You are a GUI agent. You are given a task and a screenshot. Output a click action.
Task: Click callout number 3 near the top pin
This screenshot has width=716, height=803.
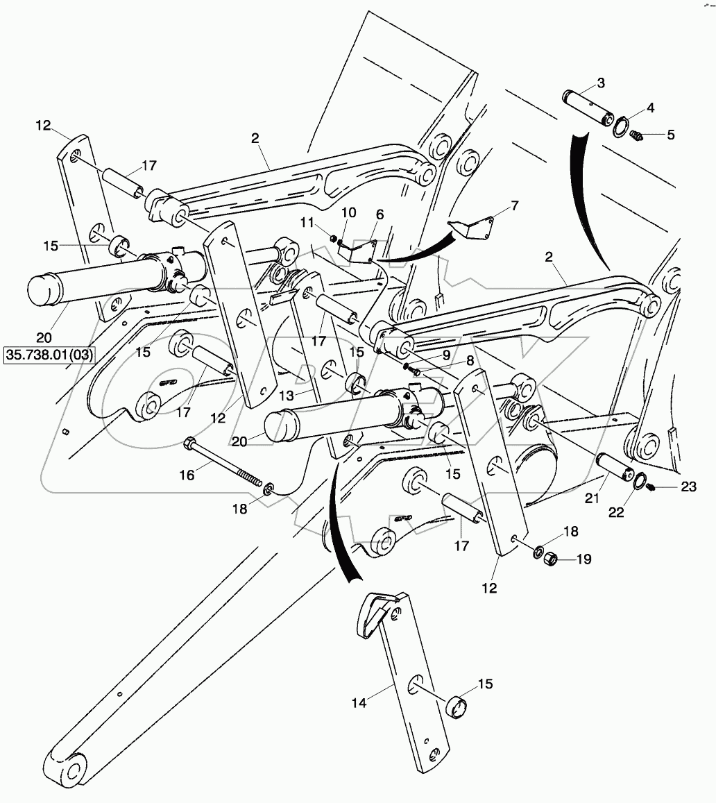click(x=601, y=83)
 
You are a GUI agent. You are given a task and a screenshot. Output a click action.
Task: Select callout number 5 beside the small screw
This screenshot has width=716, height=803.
click(x=670, y=135)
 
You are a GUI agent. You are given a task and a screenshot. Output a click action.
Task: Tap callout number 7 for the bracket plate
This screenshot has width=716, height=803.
click(x=514, y=205)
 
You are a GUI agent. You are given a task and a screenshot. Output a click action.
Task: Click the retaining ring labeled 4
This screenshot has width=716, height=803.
click(x=623, y=127)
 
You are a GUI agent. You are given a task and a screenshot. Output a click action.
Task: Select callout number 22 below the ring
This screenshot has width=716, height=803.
click(x=616, y=512)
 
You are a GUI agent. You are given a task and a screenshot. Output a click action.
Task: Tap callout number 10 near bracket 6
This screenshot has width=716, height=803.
click(x=348, y=211)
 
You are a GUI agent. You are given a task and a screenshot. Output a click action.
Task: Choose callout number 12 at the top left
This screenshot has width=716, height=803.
click(x=44, y=125)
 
